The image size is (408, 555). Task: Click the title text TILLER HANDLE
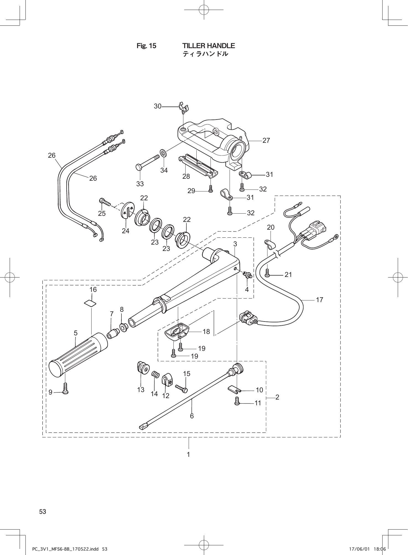pyautogui.click(x=209, y=46)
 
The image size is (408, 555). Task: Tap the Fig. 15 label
pyautogui.click(x=146, y=46)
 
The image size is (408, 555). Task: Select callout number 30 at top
pyautogui.click(x=158, y=106)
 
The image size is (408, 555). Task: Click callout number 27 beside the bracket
pyautogui.click(x=266, y=141)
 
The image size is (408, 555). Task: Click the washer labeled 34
pyautogui.click(x=163, y=152)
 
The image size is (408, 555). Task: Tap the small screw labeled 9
pyautogui.click(x=66, y=388)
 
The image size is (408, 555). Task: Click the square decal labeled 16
pyautogui.click(x=91, y=304)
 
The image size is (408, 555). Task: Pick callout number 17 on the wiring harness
pyautogui.click(x=319, y=300)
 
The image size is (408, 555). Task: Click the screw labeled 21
pyautogui.click(x=267, y=273)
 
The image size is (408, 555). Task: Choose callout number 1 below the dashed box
pyautogui.click(x=188, y=455)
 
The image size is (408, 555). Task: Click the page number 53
pyautogui.click(x=43, y=512)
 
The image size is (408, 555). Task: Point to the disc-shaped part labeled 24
pyautogui.click(x=127, y=211)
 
